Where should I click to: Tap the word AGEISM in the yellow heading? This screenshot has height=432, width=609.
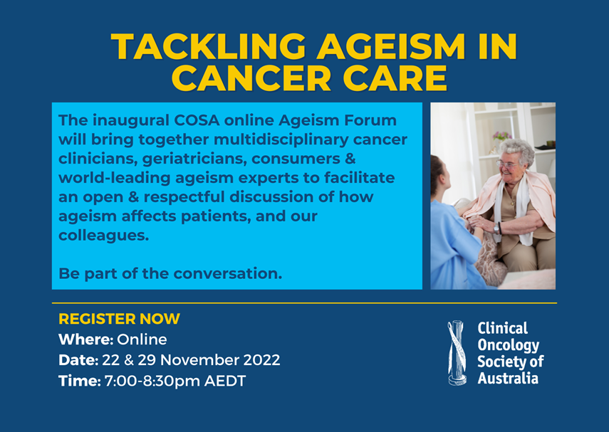392,46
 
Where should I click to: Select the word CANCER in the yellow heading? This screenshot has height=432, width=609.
251,78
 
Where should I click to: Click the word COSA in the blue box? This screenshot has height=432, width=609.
197,120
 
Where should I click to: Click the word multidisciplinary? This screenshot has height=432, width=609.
281,139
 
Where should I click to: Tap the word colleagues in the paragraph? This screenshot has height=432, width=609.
104,235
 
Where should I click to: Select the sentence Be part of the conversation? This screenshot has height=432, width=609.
170,273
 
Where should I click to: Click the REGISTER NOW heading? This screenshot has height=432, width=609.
119,319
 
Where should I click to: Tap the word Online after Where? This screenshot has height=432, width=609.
142,339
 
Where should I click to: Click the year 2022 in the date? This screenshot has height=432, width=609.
261,360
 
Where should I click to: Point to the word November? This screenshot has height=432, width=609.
199,360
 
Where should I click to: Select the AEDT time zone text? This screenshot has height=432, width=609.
225,381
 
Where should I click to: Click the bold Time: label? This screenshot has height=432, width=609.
80,381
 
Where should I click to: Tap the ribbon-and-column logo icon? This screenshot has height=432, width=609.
457,352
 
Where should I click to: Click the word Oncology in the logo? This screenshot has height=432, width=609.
509,345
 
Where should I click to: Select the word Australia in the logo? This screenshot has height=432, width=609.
508,378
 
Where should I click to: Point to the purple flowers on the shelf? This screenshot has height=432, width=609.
502,136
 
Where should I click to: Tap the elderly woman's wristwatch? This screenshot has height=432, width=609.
496,228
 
